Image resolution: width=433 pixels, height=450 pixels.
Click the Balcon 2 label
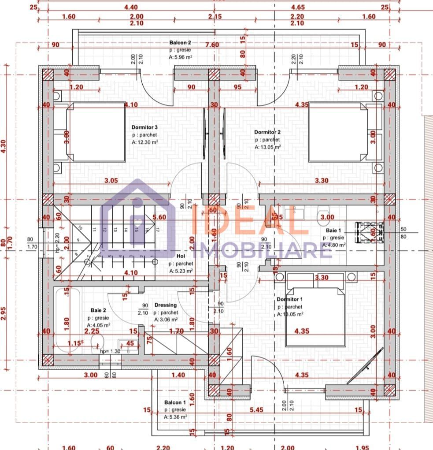click(180, 43)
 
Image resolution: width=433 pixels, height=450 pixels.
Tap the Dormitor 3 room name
click(144, 127)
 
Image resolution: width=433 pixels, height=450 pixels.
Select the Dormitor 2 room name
click(267, 132)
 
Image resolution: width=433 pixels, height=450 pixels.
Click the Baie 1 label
click(333, 231)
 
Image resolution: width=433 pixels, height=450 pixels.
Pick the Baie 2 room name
click(98, 310)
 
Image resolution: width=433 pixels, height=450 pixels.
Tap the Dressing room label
click(166, 305)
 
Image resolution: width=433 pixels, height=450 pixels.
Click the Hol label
click(181, 256)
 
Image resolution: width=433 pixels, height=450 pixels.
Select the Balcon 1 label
click(175, 402)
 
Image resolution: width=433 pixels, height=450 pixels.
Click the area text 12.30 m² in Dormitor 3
click(145, 142)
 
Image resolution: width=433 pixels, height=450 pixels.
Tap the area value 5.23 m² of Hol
click(181, 271)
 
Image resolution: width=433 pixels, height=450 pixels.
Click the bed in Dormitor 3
click(96, 132)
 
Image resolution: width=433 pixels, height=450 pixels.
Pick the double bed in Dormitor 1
click(315, 316)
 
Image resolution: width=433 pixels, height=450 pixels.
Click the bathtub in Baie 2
click(68, 319)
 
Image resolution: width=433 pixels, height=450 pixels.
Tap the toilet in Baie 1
click(323, 214)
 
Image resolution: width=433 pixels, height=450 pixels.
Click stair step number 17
click(157, 229)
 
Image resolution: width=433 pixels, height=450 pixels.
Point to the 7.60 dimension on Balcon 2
click(212, 45)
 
